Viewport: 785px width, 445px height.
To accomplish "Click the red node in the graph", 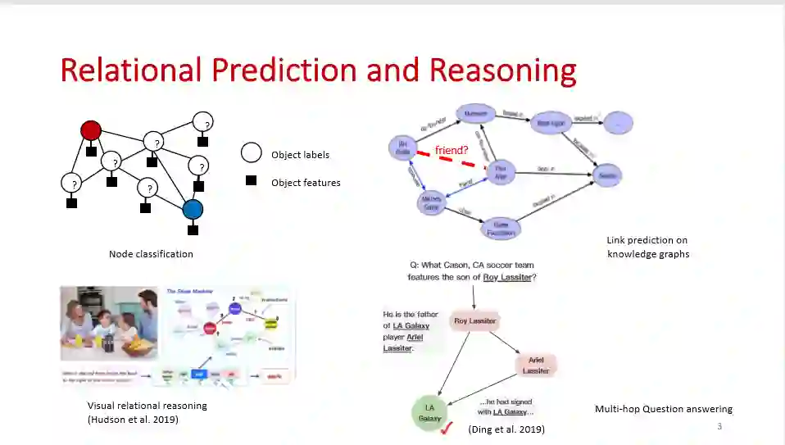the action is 91,130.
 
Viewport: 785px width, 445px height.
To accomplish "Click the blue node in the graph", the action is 192,210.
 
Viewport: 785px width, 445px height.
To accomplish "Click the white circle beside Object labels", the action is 251,153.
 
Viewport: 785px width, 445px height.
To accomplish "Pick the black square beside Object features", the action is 252,181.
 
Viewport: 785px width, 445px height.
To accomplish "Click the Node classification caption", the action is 151,254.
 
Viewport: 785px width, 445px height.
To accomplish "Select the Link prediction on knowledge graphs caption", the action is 647,247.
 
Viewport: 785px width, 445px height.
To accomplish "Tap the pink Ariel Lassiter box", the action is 536,366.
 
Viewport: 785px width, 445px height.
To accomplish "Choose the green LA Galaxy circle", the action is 430,413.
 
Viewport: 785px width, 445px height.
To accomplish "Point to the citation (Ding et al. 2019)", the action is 506,429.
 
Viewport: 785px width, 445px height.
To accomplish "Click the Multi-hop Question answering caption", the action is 663,409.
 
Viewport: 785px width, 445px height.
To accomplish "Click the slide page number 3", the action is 719,426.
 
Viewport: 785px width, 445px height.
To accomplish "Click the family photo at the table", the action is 109,324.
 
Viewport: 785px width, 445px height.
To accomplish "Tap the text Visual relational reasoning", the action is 147,406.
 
